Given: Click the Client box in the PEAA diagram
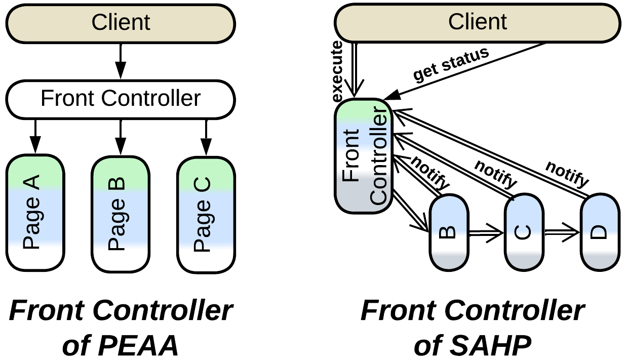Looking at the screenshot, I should [x=120, y=22].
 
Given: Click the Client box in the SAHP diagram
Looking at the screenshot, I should [x=477, y=22].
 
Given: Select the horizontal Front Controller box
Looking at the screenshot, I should [x=120, y=98].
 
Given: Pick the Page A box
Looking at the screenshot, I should [x=34, y=212].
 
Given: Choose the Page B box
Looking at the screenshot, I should [x=120, y=212].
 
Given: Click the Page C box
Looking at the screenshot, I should [x=205, y=212].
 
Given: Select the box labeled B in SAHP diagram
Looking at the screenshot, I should [x=449, y=232].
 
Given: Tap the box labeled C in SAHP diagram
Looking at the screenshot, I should [x=523, y=232].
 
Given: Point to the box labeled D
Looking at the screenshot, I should [x=600, y=232].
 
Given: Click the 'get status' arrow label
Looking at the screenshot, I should [x=451, y=65].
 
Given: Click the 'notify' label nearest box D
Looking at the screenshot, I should [x=567, y=173].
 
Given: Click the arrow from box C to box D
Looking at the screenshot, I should [x=561, y=233].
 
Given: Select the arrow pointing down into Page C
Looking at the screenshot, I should [x=205, y=137].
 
